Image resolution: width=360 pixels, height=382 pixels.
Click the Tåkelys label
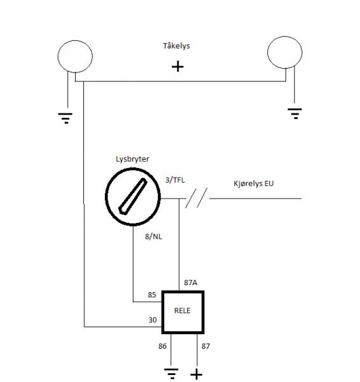coord(176,46)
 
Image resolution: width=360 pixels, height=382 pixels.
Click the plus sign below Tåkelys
coord(177,66)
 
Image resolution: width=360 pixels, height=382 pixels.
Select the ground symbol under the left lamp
coord(66,118)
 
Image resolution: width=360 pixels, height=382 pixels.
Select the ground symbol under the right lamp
coord(294,113)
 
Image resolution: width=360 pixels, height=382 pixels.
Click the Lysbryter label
coord(132,159)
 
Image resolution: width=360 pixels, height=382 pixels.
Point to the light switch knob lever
coord(133,196)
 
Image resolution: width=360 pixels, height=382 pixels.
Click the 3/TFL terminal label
coord(175,180)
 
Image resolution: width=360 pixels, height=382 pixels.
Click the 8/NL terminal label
coord(153,236)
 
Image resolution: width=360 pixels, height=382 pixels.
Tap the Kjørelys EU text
coord(254,183)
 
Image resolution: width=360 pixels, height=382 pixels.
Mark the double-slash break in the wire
coord(196,198)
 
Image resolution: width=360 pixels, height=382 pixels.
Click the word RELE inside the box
coord(183,311)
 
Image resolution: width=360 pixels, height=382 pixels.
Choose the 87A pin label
coord(191,283)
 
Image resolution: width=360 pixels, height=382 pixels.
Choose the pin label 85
coord(152,295)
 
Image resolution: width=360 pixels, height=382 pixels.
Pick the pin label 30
coord(153,320)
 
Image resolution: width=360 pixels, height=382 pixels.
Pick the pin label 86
coord(162,346)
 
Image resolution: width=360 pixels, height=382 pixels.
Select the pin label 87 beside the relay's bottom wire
coord(205,346)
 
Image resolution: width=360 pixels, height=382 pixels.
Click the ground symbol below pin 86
coord(171,374)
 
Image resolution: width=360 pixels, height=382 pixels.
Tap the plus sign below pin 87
coord(196,374)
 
